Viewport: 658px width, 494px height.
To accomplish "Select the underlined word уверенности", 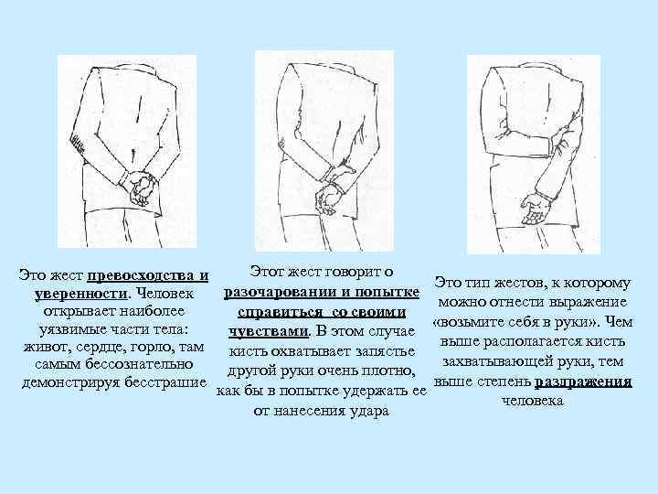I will click(80, 294).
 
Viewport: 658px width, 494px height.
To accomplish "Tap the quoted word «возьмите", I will click(468, 322).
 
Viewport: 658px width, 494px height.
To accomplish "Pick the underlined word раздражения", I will click(583, 381).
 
